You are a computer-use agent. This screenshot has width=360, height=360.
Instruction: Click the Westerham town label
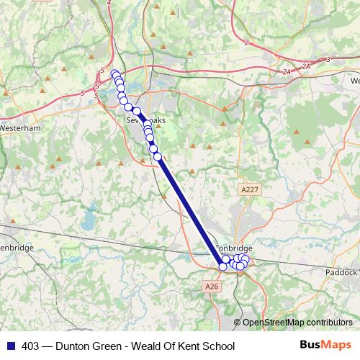20,127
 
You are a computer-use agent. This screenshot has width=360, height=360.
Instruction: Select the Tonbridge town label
235,247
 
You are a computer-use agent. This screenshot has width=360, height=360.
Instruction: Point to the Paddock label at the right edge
341,272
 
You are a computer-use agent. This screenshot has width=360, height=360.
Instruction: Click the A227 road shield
248,189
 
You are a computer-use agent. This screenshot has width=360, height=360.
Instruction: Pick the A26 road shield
211,287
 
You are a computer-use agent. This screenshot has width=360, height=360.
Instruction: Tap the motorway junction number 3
328,59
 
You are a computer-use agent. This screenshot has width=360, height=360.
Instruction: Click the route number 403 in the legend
31,346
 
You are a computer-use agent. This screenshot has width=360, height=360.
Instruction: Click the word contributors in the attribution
329,323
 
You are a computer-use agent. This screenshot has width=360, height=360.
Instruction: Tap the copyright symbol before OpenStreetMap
238,323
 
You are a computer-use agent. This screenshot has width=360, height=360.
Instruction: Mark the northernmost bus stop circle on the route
114,73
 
